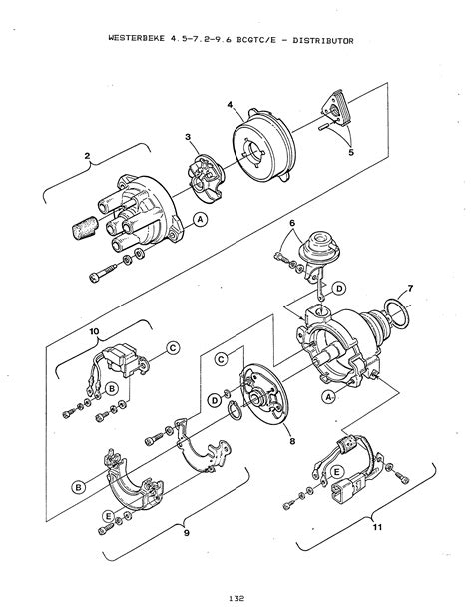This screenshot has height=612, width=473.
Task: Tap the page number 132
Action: pyautogui.click(x=236, y=598)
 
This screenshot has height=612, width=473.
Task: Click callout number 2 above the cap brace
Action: pyautogui.click(x=87, y=156)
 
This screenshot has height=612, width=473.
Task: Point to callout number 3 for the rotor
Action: pyautogui.click(x=189, y=137)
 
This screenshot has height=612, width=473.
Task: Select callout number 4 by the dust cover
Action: pyautogui.click(x=230, y=105)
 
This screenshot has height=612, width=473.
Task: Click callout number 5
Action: pyautogui.click(x=351, y=152)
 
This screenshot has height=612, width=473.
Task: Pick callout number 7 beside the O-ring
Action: pyautogui.click(x=410, y=289)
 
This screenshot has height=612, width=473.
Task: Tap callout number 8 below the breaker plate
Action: pyautogui.click(x=292, y=441)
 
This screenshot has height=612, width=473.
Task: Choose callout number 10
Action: pyautogui.click(x=94, y=331)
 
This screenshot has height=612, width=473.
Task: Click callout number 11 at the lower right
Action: pyautogui.click(x=377, y=527)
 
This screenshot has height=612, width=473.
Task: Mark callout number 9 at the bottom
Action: pyautogui.click(x=187, y=532)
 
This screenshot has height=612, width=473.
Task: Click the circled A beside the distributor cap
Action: pyautogui.click(x=201, y=220)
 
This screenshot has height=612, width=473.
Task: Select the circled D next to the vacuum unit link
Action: pyautogui.click(x=340, y=289)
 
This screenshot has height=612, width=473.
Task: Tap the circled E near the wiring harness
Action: pyautogui.click(x=337, y=472)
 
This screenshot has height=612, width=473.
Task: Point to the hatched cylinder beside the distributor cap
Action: pyautogui.click(x=86, y=228)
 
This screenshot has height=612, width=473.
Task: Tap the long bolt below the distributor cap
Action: pyautogui.click(x=103, y=272)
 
